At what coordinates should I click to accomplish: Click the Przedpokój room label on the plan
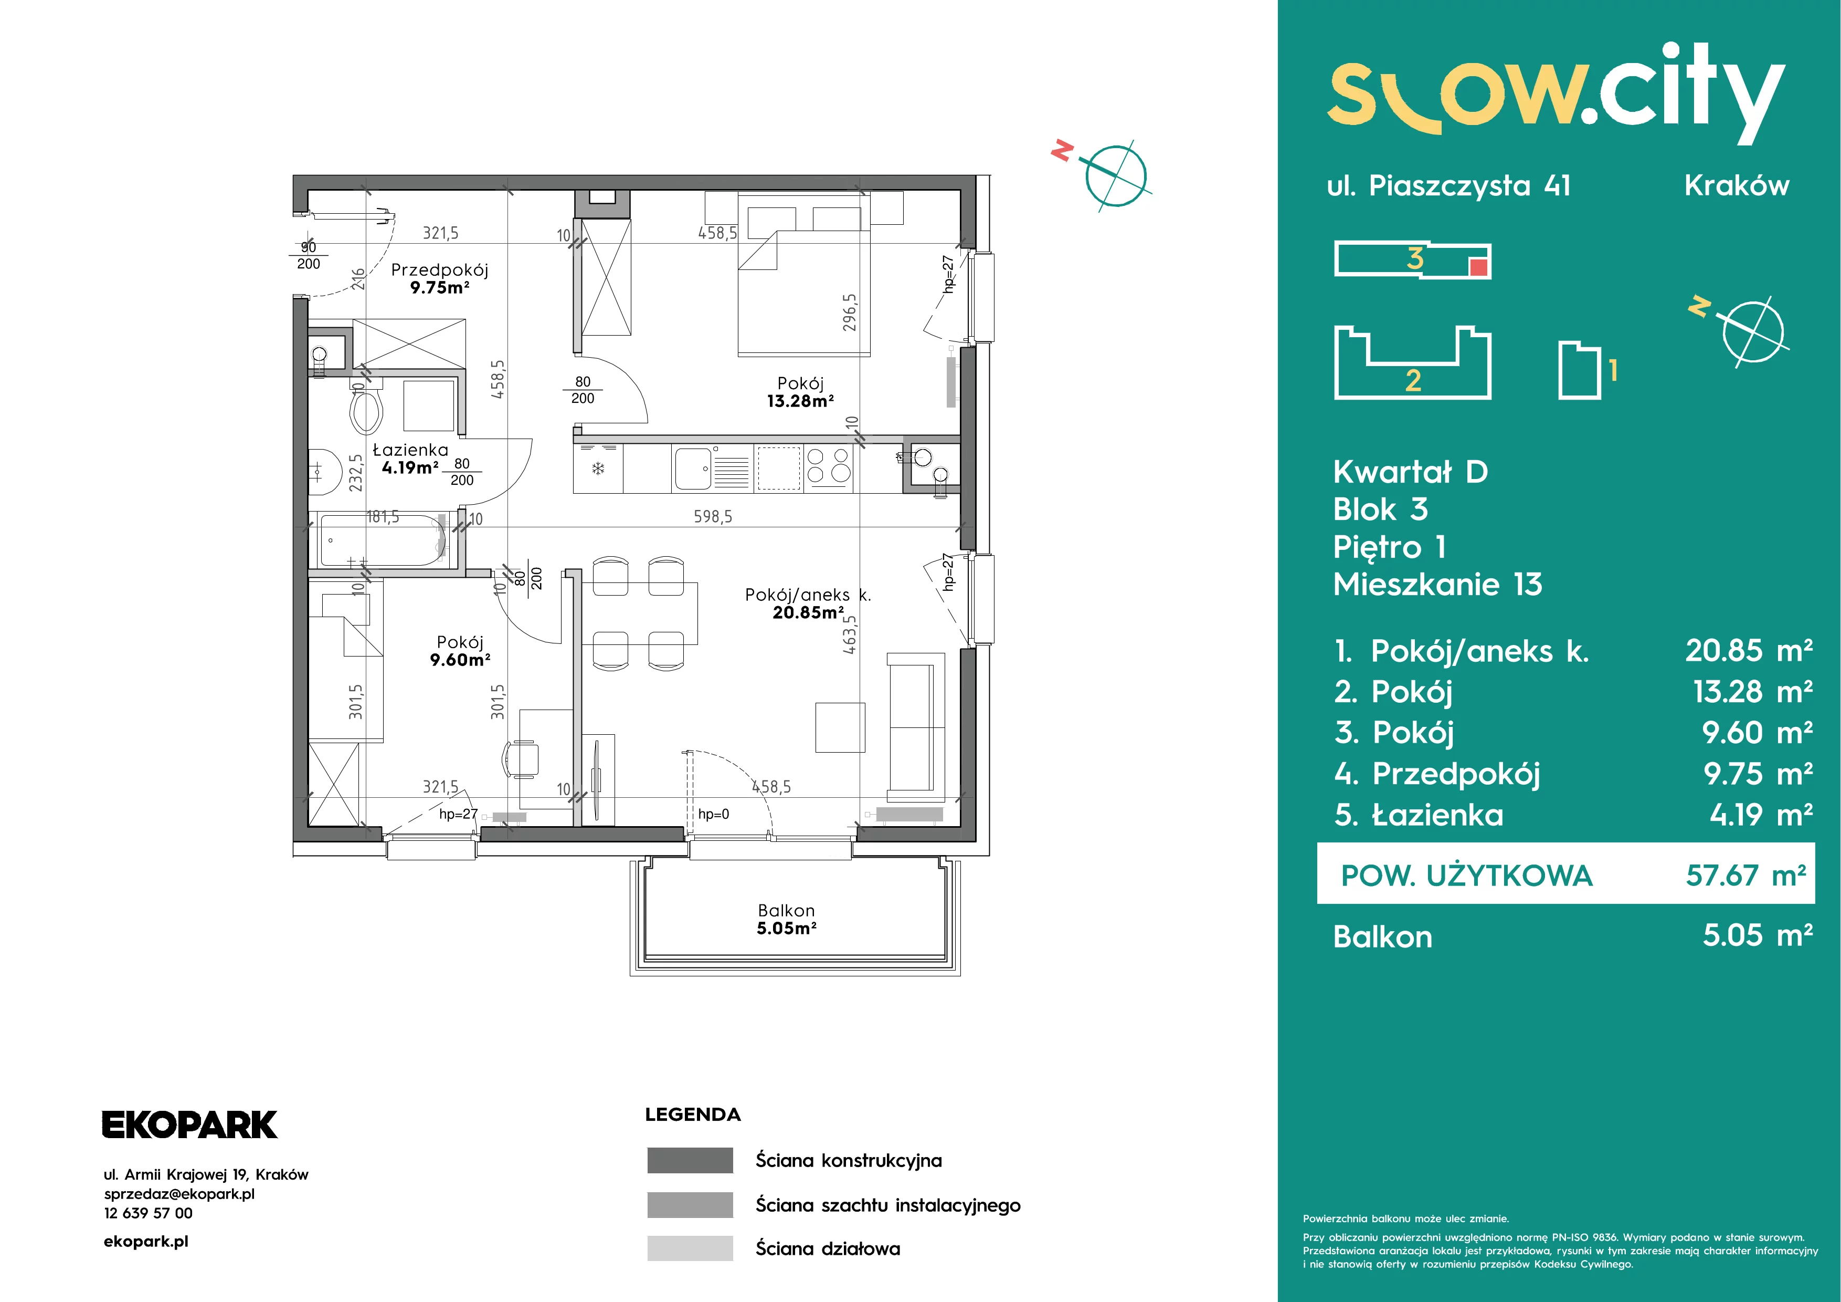pos(439,270)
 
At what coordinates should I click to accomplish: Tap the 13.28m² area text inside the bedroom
pos(800,401)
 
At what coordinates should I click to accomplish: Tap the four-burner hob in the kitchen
pos(828,466)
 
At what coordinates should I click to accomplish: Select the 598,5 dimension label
pos(713,517)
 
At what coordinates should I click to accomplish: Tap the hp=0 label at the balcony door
pos(714,814)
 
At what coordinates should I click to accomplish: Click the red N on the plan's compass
pos(1062,150)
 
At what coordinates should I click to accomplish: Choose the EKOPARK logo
pos(189,1124)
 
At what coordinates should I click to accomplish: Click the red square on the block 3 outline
pos(1478,268)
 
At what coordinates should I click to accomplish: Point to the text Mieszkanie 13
pos(1437,584)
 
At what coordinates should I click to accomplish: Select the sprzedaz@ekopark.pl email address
pos(179,1194)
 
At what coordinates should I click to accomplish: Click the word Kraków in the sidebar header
pos(1737,185)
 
